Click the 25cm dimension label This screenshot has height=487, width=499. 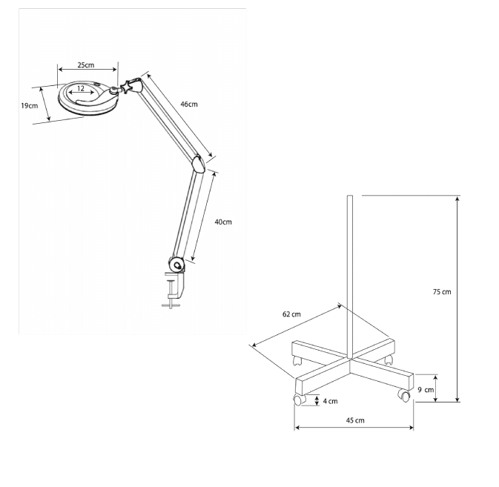pos(86,65)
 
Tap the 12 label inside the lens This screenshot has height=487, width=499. pos(81,88)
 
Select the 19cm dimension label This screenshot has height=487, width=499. pos(29,105)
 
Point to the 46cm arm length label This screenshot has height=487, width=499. pos(189,105)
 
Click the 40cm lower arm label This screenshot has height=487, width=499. pos(223,222)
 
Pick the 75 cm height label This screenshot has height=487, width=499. pos(442,292)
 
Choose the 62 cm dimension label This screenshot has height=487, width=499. pos(291,314)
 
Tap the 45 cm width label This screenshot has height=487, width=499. pos(355,420)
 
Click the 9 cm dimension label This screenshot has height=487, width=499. pos(426,390)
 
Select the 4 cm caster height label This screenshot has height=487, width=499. pos(331,402)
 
